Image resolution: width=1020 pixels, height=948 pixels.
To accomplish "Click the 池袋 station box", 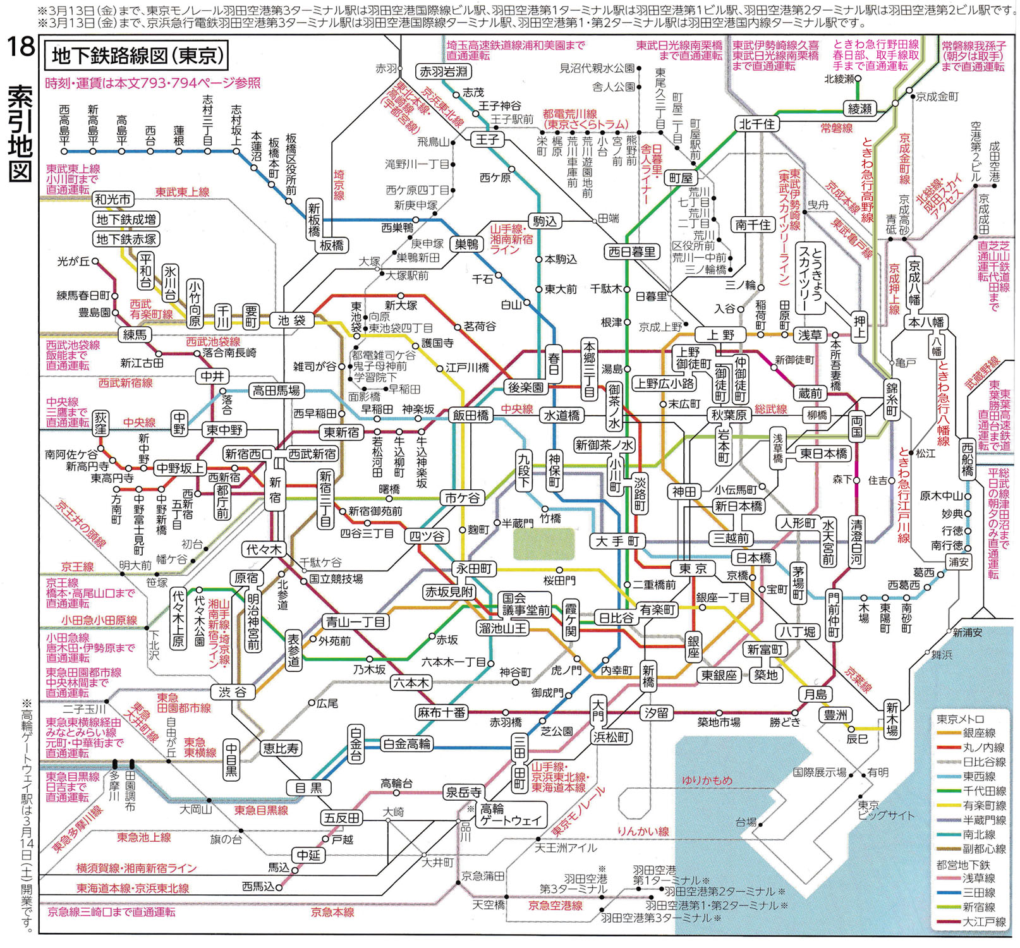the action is (x=292, y=320).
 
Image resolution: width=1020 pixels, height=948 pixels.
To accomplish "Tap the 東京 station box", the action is (x=693, y=568).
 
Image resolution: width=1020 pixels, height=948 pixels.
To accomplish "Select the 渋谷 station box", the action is (x=233, y=691).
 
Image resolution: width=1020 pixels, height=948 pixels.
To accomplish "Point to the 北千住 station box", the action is (x=756, y=124).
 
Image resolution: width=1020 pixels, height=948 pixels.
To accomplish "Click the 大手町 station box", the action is (x=618, y=541).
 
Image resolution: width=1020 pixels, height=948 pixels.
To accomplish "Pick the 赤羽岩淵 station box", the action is (x=444, y=71).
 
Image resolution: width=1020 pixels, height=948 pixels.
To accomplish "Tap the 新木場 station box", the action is (x=892, y=719).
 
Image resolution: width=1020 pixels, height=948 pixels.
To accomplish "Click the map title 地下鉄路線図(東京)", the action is (x=137, y=56).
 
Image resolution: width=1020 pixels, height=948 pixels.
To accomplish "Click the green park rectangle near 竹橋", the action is (x=543, y=544).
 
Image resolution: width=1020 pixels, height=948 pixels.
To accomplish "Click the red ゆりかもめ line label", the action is (x=707, y=780).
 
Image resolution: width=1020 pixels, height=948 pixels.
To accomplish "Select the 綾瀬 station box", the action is (x=859, y=109).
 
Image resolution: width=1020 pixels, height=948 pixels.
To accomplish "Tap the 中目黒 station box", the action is (x=232, y=758).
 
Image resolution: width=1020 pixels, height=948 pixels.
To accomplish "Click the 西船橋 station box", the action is (x=967, y=459).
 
